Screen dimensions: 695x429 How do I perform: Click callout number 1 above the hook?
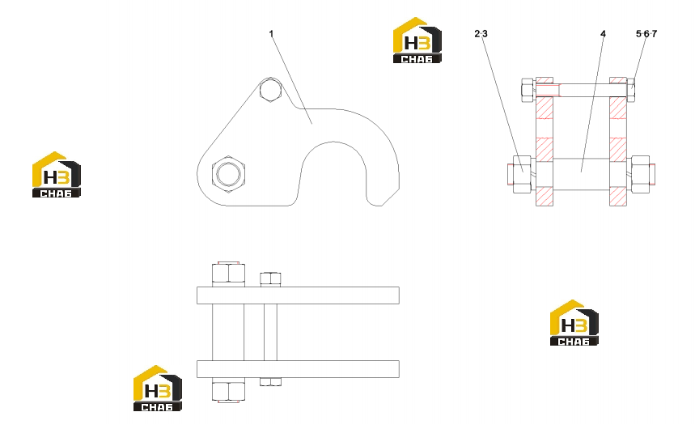click(271, 34)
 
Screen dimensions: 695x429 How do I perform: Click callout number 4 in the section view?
click(603, 34)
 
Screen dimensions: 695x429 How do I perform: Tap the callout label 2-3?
click(481, 34)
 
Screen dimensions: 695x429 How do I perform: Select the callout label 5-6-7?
click(646, 34)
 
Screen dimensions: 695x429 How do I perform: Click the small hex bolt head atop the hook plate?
click(270, 90)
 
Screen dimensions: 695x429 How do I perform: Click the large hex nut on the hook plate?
click(228, 174)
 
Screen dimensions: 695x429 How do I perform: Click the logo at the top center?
click(417, 40)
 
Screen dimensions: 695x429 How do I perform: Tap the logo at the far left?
click(57, 174)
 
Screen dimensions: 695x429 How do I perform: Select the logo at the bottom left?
click(157, 389)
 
